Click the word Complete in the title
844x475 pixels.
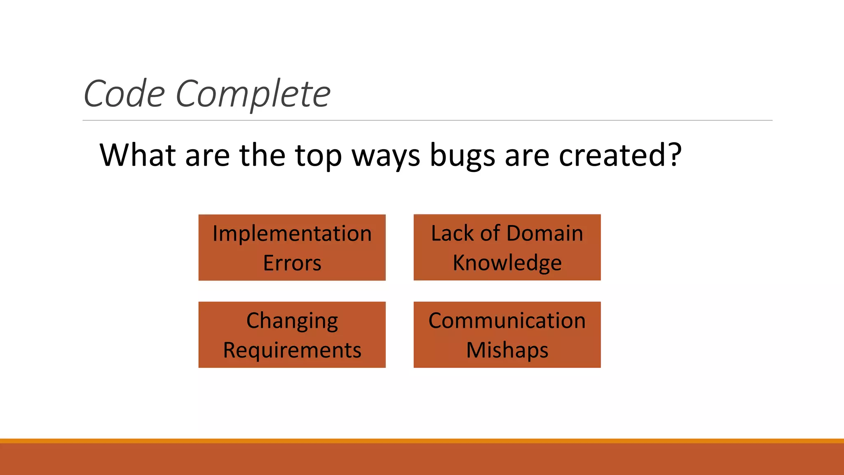[x=253, y=94]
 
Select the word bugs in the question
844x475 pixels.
[x=462, y=156]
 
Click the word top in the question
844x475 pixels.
[x=318, y=156]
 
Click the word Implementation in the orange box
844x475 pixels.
[x=292, y=233]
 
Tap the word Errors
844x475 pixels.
[x=292, y=263]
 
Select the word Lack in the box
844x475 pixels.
[x=452, y=233]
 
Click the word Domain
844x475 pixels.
[x=544, y=233]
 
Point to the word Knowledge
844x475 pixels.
[x=507, y=263]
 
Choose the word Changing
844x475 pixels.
[x=292, y=321]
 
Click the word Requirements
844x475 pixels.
[x=292, y=350]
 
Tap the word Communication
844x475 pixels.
[x=507, y=320]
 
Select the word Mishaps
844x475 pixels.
[x=507, y=350]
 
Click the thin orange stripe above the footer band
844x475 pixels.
[x=422, y=441]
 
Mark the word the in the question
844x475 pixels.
[x=263, y=155]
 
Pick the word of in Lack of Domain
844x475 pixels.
[x=490, y=233]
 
